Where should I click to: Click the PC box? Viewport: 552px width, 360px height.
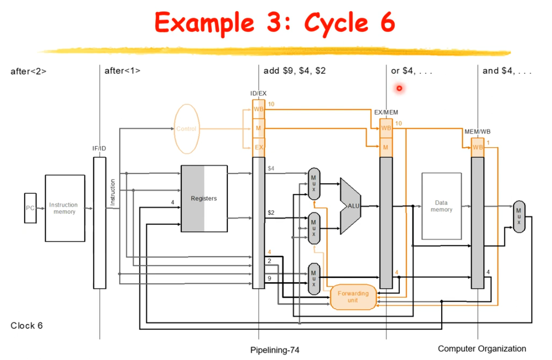pos(30,207)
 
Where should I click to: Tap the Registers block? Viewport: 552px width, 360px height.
pos(204,199)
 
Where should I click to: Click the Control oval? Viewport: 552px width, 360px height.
pos(186,129)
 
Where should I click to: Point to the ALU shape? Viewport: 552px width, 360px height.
pos(351,206)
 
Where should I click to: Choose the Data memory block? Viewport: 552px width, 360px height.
pos(441,206)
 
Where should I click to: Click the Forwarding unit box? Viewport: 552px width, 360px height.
pos(353,297)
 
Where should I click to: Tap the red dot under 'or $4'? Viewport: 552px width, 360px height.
pos(399,88)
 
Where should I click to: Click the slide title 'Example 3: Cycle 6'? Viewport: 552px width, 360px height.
pos(275,22)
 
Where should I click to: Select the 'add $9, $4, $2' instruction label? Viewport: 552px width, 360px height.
pos(294,71)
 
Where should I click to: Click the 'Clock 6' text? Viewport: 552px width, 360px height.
pos(27,326)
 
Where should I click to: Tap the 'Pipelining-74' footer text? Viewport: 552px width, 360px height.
pos(275,350)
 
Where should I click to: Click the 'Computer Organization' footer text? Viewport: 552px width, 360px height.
pos(482,348)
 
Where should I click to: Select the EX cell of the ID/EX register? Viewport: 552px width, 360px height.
pos(259,147)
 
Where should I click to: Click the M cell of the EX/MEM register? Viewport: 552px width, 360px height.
pos(386,147)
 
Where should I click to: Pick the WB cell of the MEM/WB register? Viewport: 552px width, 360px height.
pos(478,147)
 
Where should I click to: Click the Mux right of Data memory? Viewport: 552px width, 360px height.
pos(519,216)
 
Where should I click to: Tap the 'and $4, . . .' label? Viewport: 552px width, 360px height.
pos(507,71)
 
